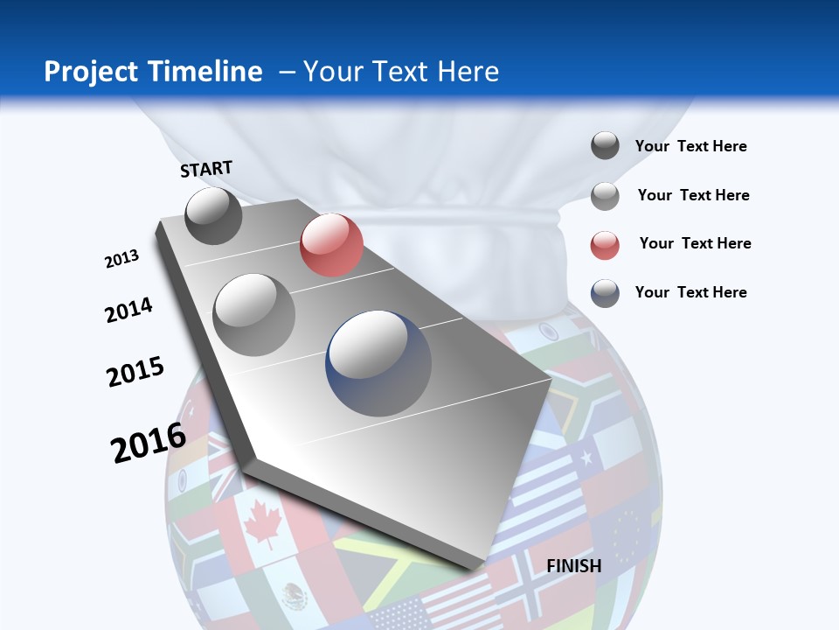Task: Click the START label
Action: pyautogui.click(x=206, y=169)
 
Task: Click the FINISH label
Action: pyautogui.click(x=574, y=566)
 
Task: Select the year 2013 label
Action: pyautogui.click(x=121, y=259)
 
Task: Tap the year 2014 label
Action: pyautogui.click(x=128, y=310)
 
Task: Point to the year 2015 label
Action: pyautogui.click(x=135, y=372)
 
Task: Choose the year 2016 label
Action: pyautogui.click(x=149, y=442)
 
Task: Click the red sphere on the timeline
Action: pyautogui.click(x=331, y=245)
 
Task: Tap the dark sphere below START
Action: pyautogui.click(x=213, y=215)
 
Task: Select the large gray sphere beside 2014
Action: pyautogui.click(x=254, y=314)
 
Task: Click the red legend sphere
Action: pyautogui.click(x=605, y=245)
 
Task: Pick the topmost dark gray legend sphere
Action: pyautogui.click(x=605, y=145)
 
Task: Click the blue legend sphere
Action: pyautogui.click(x=605, y=293)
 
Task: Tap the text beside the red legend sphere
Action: pyautogui.click(x=695, y=243)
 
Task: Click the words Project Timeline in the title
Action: pyautogui.click(x=153, y=72)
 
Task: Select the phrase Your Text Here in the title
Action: pyautogui.click(x=401, y=72)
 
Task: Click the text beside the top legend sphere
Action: pyautogui.click(x=690, y=146)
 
